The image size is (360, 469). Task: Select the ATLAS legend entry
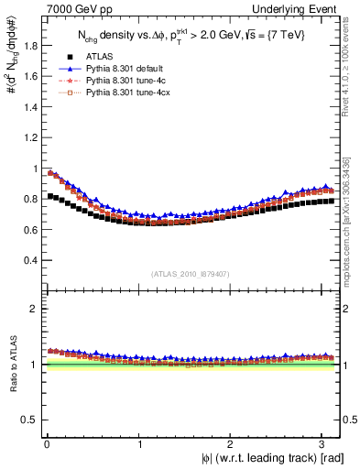[99, 55]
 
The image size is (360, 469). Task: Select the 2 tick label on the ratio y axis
[30, 309]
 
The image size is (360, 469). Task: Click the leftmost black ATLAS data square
[49, 196]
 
